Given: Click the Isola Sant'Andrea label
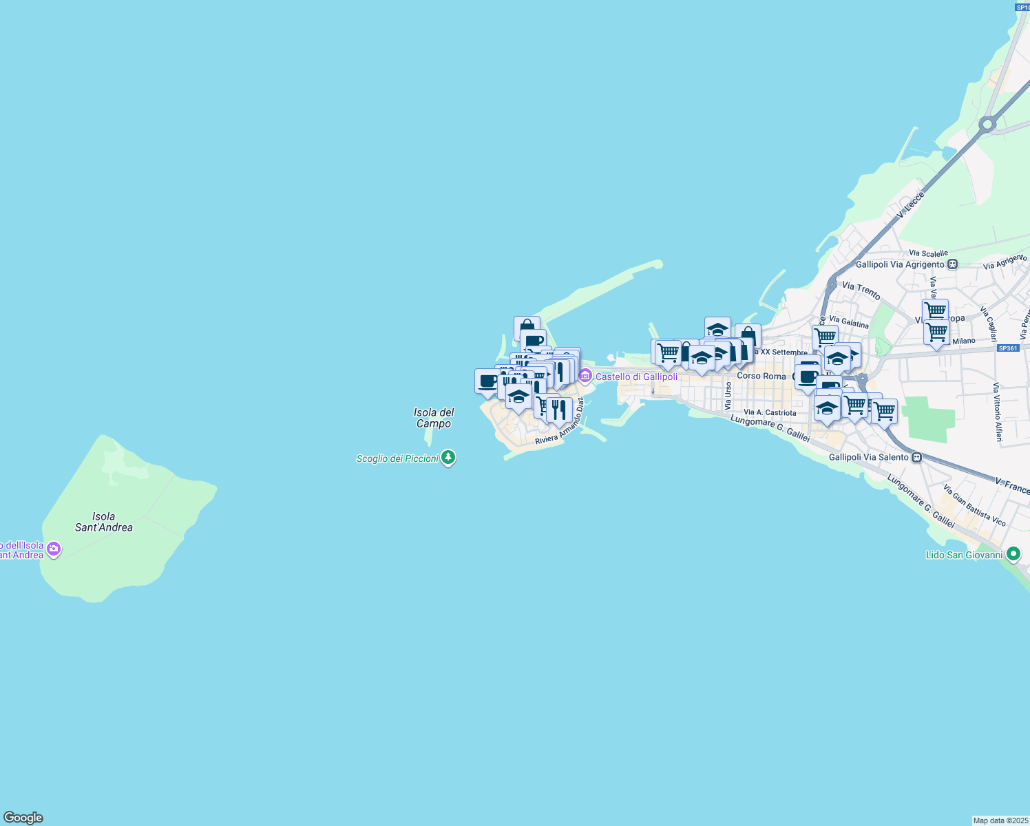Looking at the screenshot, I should [104, 522].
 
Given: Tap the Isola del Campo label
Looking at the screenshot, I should [434, 418].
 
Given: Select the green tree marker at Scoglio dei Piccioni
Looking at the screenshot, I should [448, 457].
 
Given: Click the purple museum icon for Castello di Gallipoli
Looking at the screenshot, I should [585, 376].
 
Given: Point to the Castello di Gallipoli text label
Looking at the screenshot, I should [636, 377].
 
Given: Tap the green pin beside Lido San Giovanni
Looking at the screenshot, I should [1013, 553].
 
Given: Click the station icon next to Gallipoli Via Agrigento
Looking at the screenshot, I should [953, 264].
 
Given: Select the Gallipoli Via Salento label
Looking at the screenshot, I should [869, 457].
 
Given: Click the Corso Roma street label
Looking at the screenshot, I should [761, 376].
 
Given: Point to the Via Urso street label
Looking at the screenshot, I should [728, 396].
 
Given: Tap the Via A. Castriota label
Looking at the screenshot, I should [770, 412].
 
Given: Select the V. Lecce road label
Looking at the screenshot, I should [910, 205].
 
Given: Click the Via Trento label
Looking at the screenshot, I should [861, 290].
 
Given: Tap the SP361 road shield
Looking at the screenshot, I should [1007, 348].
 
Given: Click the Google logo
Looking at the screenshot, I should [23, 818].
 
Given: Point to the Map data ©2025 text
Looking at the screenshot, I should [1000, 820].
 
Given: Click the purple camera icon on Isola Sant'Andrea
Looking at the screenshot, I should [54, 549].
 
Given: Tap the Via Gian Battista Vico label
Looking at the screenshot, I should [974, 506].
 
